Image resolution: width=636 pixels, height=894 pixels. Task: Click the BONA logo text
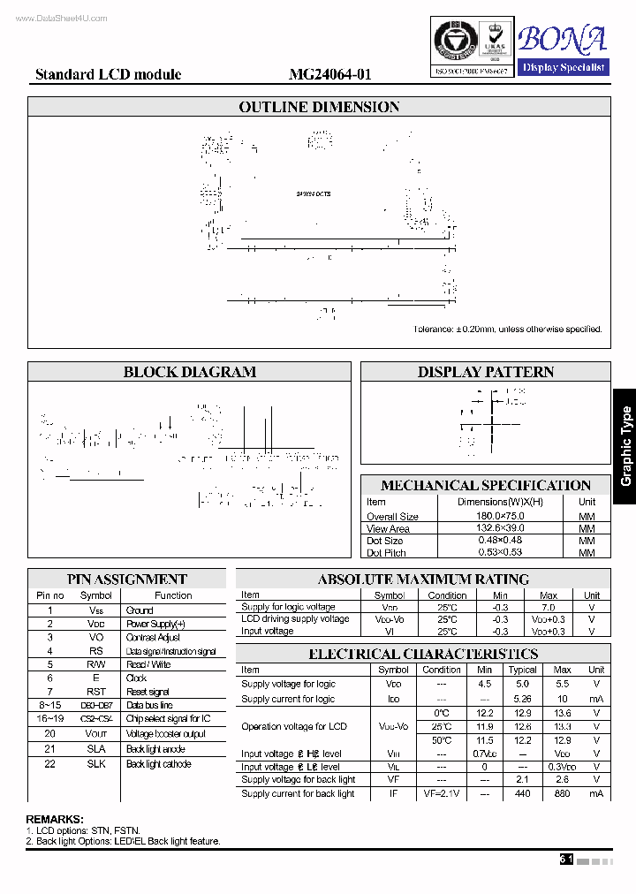tap(563, 39)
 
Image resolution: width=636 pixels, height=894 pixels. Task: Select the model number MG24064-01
tap(329, 75)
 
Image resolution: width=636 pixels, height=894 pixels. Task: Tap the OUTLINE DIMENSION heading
tap(319, 107)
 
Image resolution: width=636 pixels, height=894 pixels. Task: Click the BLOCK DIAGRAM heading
tap(190, 372)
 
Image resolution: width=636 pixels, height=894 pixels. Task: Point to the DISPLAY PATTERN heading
tap(486, 372)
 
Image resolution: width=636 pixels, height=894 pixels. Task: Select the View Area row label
tap(388, 528)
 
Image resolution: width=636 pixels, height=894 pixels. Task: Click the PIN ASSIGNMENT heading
tap(127, 580)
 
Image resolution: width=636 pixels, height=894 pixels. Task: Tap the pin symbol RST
tap(96, 692)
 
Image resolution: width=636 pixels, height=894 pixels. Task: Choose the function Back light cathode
tap(158, 764)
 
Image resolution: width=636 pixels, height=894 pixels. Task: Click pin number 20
tap(50, 733)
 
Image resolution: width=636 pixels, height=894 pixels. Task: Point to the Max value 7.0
tap(549, 608)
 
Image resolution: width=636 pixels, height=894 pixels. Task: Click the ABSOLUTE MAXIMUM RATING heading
tap(423, 580)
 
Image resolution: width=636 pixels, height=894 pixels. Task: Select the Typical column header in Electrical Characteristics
tap(523, 670)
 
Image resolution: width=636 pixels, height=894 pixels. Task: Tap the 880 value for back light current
tap(562, 794)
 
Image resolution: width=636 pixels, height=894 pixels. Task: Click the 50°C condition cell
tap(442, 739)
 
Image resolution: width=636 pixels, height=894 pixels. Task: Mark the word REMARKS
tap(55, 820)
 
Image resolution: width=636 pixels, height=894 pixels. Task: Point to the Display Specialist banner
tap(563, 67)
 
